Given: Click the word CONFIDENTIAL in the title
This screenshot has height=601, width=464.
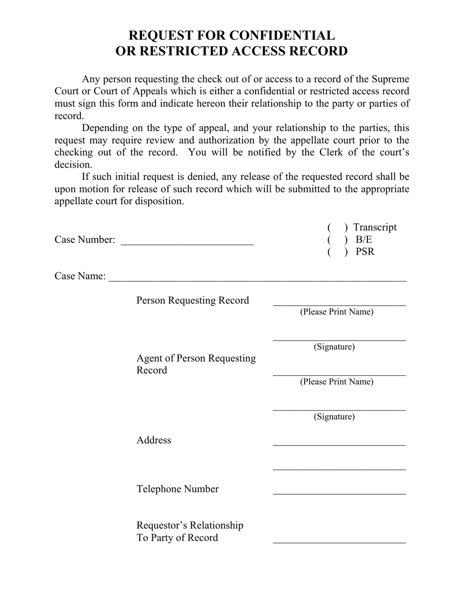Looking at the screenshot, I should coord(282,36).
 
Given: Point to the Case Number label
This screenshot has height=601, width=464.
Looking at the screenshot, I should coord(85,240).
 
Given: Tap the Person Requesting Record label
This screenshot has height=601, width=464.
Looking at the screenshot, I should coord(192,300).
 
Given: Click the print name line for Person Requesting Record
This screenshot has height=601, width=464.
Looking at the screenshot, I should coord(339,303).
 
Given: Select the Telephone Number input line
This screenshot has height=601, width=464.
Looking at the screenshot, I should coord(339,492).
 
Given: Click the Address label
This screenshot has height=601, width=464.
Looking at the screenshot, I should coord(154,440).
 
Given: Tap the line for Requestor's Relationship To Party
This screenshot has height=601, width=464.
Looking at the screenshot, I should coord(339,541).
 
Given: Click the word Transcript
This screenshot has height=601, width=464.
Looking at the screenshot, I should coord(375,227).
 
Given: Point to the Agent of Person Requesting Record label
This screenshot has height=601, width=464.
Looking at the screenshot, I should coord(195,364).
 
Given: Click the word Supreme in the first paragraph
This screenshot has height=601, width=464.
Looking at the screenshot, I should coord(391,79).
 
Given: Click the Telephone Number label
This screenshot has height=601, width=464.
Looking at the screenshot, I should coord(177,489).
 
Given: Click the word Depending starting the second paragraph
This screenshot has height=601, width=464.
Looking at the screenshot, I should coord(106,128).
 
